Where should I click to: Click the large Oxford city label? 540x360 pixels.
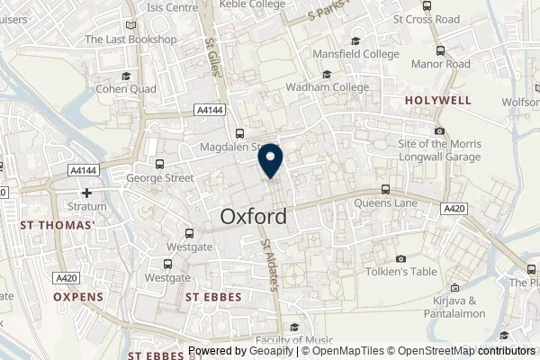click(255, 217)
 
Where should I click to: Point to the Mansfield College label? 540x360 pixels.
click(357, 54)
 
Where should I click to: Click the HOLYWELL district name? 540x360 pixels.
click(438, 102)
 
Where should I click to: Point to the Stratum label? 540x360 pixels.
click(86, 206)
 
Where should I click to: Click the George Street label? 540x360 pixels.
click(160, 178)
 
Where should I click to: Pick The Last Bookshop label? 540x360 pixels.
click(130, 40)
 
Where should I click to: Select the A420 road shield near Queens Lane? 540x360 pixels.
click(454, 208)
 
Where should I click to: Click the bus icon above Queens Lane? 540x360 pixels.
click(386, 189)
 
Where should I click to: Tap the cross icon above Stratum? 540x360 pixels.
click(86, 193)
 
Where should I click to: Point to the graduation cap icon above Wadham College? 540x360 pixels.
click(327, 75)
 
